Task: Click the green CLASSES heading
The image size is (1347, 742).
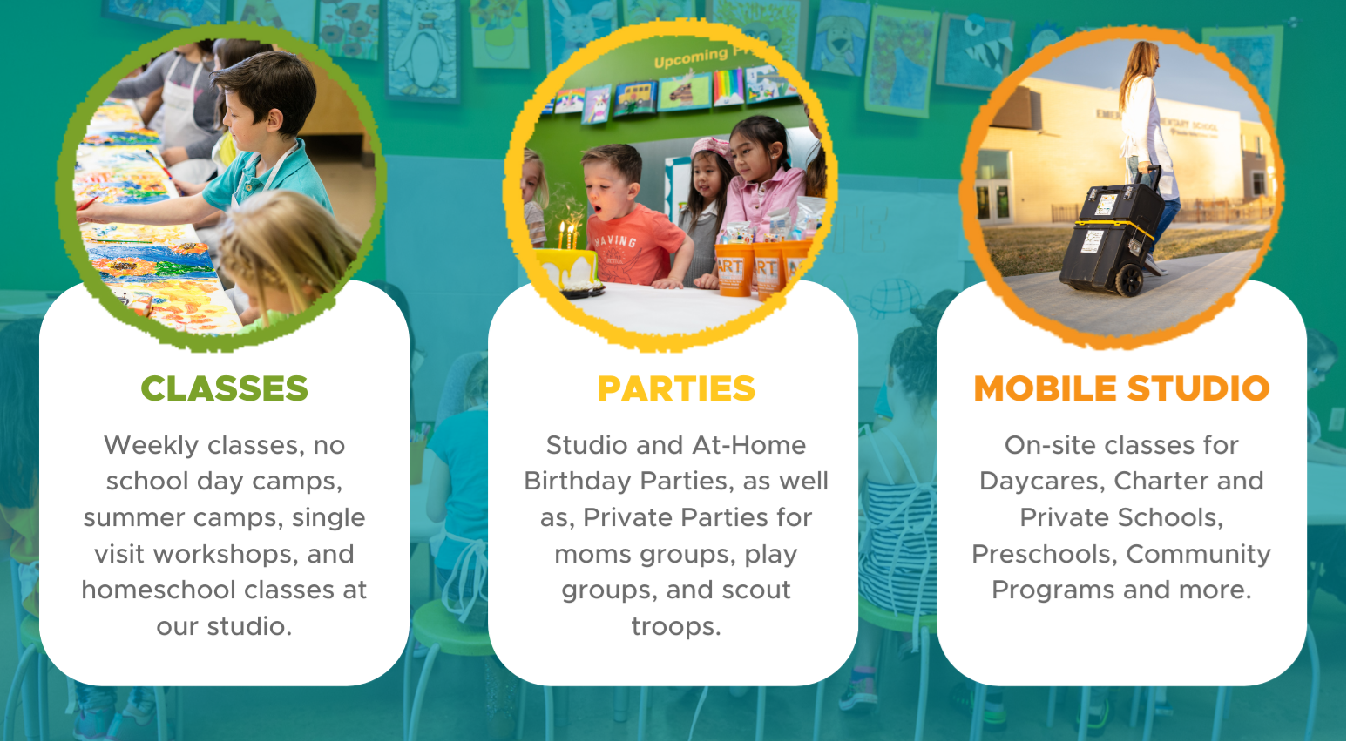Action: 224,388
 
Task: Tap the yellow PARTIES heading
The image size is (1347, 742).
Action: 676,388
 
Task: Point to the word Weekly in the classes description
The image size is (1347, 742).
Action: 152,445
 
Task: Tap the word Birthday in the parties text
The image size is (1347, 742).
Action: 578,481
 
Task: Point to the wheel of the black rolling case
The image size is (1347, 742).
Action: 1129,280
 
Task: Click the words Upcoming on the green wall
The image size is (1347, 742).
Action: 690,58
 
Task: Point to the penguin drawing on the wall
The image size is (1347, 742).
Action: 422,48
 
